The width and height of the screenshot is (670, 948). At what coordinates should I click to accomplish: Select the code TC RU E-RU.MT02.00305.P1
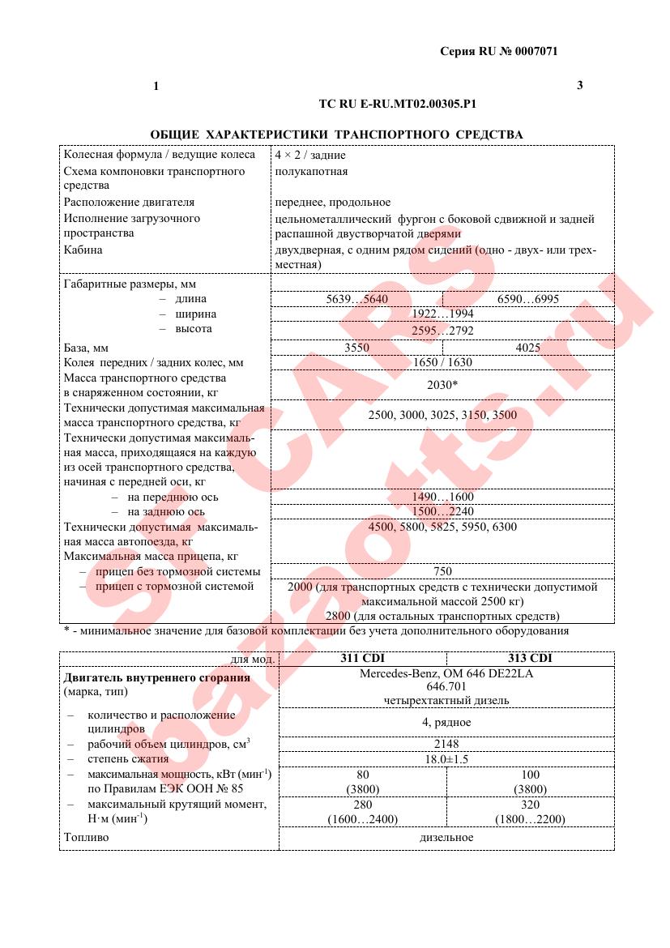point(398,104)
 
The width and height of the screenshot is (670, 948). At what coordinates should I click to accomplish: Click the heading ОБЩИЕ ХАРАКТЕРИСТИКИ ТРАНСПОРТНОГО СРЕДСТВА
point(336,134)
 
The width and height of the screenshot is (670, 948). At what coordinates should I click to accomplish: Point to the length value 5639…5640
point(356,299)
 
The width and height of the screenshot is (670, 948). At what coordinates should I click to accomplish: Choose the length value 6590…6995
point(528,299)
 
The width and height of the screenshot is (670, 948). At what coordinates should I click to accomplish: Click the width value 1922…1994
point(442,314)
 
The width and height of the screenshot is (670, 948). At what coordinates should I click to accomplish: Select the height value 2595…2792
point(442,330)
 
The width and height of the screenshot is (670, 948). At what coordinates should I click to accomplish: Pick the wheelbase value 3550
point(356,347)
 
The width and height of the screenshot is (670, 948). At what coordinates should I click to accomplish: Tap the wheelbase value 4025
point(528,347)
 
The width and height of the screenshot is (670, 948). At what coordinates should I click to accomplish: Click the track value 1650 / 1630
point(442,362)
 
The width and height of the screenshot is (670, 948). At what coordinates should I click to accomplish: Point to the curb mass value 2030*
point(442,385)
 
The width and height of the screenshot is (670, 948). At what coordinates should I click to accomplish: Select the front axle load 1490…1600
point(442,497)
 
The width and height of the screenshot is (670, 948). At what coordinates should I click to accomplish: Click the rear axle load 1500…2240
point(442,511)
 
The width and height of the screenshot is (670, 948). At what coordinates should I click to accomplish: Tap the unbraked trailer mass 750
point(442,571)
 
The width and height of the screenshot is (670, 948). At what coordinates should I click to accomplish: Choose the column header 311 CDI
point(362,659)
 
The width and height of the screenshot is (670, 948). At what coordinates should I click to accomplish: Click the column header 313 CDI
point(531,659)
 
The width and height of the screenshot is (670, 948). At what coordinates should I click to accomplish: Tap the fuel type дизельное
point(446,837)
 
